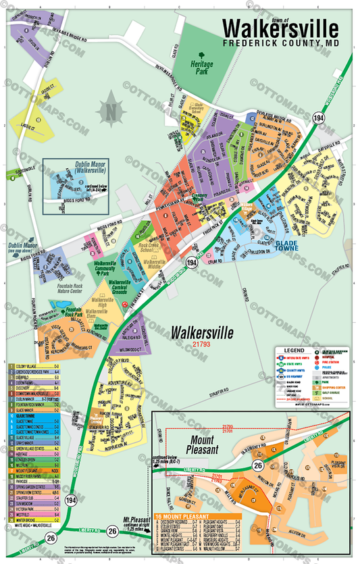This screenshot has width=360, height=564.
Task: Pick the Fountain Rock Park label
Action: [x=80, y=312]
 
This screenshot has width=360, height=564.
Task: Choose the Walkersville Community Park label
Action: [x=107, y=267]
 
